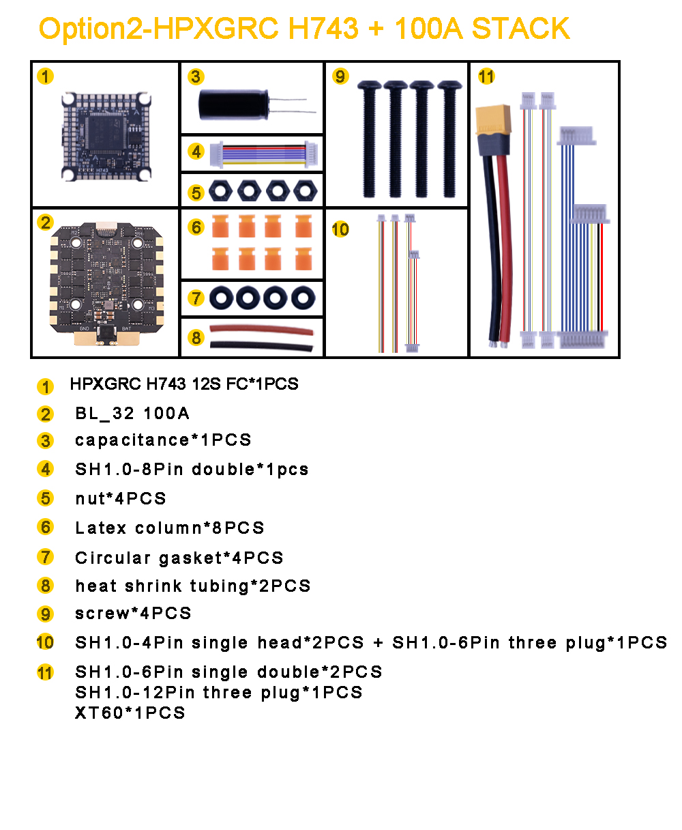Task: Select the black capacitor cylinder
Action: click(234, 104)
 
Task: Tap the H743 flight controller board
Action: click(106, 136)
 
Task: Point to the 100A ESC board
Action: click(106, 284)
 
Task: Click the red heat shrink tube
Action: click(261, 330)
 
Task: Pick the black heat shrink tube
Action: click(261, 346)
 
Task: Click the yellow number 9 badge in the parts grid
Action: click(340, 76)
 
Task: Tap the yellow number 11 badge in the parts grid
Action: click(486, 76)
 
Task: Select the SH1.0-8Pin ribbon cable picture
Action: click(264, 154)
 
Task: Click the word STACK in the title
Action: click(520, 29)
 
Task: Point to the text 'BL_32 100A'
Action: click(132, 413)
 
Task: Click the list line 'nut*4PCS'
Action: click(121, 498)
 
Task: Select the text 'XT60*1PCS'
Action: click(130, 713)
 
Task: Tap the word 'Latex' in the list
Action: click(101, 528)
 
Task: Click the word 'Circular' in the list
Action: click(113, 558)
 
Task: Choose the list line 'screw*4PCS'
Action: click(134, 613)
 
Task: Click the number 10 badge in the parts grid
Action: click(340, 229)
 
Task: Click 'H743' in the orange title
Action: click(323, 29)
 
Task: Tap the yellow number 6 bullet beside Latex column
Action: click(45, 527)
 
